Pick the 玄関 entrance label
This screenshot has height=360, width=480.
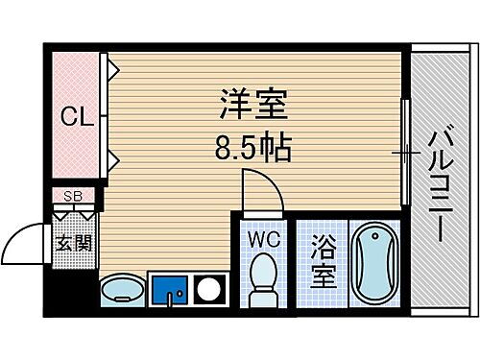pos(73,243)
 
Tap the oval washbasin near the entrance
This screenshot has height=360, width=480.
pos(122,288)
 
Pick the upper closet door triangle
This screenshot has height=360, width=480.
pos(111,69)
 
